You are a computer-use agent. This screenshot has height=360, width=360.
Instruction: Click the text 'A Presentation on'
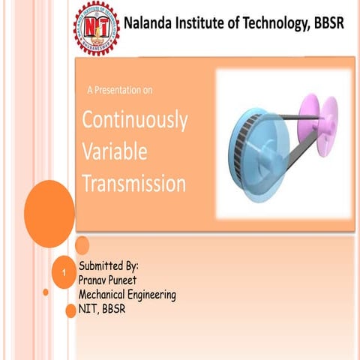(x=120, y=91)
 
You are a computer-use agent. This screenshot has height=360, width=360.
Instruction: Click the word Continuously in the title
(x=135, y=120)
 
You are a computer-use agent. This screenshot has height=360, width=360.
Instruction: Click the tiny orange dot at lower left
(x=46, y=292)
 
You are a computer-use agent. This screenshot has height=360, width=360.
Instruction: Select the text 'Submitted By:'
(x=109, y=266)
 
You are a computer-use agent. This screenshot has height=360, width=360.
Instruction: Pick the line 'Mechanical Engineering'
(x=127, y=295)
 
